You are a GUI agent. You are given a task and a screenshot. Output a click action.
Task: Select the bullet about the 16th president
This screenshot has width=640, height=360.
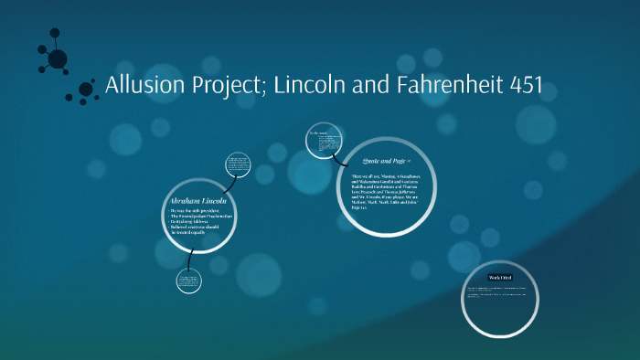point(191,211)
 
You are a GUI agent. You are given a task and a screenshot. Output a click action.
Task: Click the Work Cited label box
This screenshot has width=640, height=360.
point(499,277)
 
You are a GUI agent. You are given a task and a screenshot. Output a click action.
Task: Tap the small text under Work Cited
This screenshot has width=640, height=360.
point(499,292)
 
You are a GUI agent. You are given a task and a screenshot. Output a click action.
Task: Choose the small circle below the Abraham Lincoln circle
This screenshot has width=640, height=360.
point(188,281)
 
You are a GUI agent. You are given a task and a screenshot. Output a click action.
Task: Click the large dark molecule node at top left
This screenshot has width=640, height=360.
point(57,59)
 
